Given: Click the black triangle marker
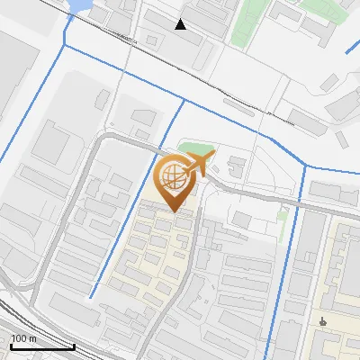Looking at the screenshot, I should click(181, 24).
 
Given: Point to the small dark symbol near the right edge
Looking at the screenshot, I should click(323, 321).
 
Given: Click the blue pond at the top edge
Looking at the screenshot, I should click(79, 5).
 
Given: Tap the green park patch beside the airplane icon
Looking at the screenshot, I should click(193, 148).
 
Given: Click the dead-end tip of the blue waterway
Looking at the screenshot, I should click(90, 298).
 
